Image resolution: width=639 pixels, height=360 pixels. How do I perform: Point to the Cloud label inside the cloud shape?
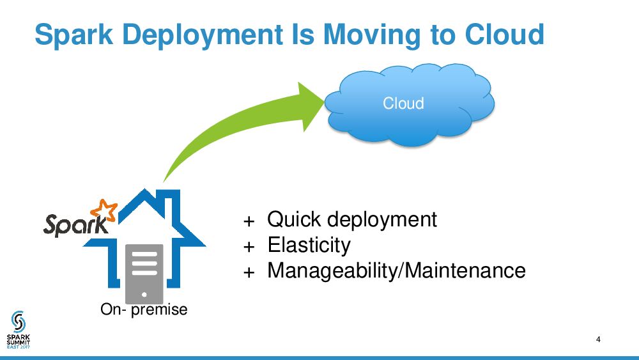pos(403,103)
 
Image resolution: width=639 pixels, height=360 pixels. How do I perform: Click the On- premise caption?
pos(144,309)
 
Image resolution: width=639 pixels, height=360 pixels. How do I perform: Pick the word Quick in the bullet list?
pos(294,219)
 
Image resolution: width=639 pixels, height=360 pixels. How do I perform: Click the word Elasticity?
pos(309,245)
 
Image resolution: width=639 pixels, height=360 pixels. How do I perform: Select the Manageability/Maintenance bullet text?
pos(396,270)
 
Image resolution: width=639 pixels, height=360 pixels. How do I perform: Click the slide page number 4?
pos(598,340)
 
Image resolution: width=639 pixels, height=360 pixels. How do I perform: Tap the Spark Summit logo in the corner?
pos(19,329)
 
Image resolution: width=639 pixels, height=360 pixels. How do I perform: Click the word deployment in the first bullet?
pos(381,219)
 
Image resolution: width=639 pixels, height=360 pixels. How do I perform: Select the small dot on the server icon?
pos(144,295)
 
